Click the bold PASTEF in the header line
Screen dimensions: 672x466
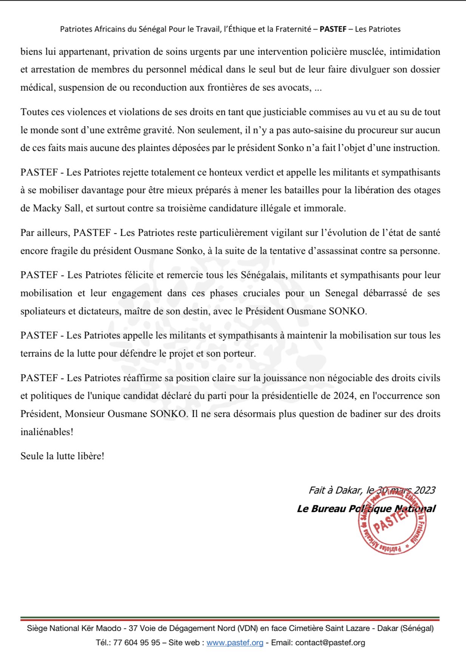click(x=333, y=29)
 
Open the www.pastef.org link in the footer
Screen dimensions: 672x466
click(x=235, y=643)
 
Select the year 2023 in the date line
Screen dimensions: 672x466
click(x=424, y=490)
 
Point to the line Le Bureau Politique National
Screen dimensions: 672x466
click(x=366, y=509)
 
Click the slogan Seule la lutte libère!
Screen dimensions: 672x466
click(x=62, y=456)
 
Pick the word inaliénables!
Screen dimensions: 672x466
click(x=47, y=432)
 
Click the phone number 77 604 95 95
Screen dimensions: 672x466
click(x=137, y=643)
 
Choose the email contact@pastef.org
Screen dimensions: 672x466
click(x=330, y=643)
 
